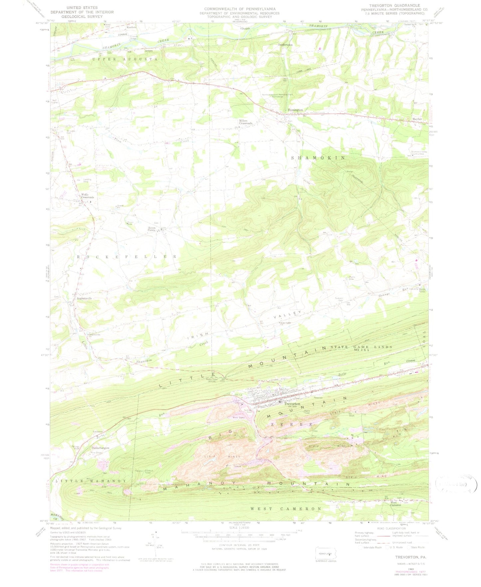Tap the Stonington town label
point(295,110)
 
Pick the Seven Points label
point(151,229)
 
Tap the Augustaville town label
point(84,298)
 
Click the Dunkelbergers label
point(101,448)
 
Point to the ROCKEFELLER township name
point(127,257)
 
